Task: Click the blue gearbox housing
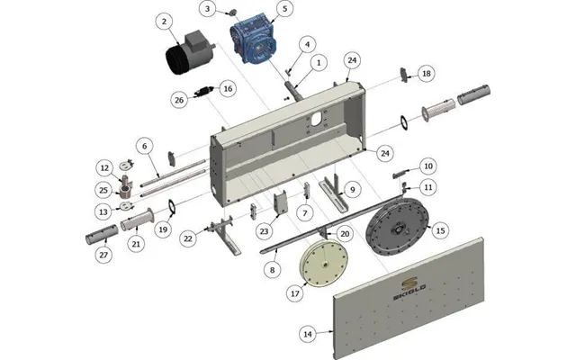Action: click(254, 39)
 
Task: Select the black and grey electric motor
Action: click(189, 53)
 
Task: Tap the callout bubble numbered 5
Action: click(284, 9)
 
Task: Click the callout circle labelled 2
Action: click(164, 22)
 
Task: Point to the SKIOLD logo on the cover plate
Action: click(409, 288)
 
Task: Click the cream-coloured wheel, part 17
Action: click(324, 263)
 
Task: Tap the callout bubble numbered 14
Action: click(308, 334)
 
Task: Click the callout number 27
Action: click(103, 255)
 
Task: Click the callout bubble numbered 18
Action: click(426, 74)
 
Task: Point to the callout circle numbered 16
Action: click(228, 88)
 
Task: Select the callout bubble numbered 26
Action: click(179, 100)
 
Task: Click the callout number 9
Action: click(353, 190)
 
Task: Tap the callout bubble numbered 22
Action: click(188, 238)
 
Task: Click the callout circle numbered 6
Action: click(144, 146)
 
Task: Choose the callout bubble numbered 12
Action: click(104, 168)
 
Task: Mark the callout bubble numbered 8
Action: click(272, 270)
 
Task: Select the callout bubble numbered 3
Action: click(208, 9)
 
